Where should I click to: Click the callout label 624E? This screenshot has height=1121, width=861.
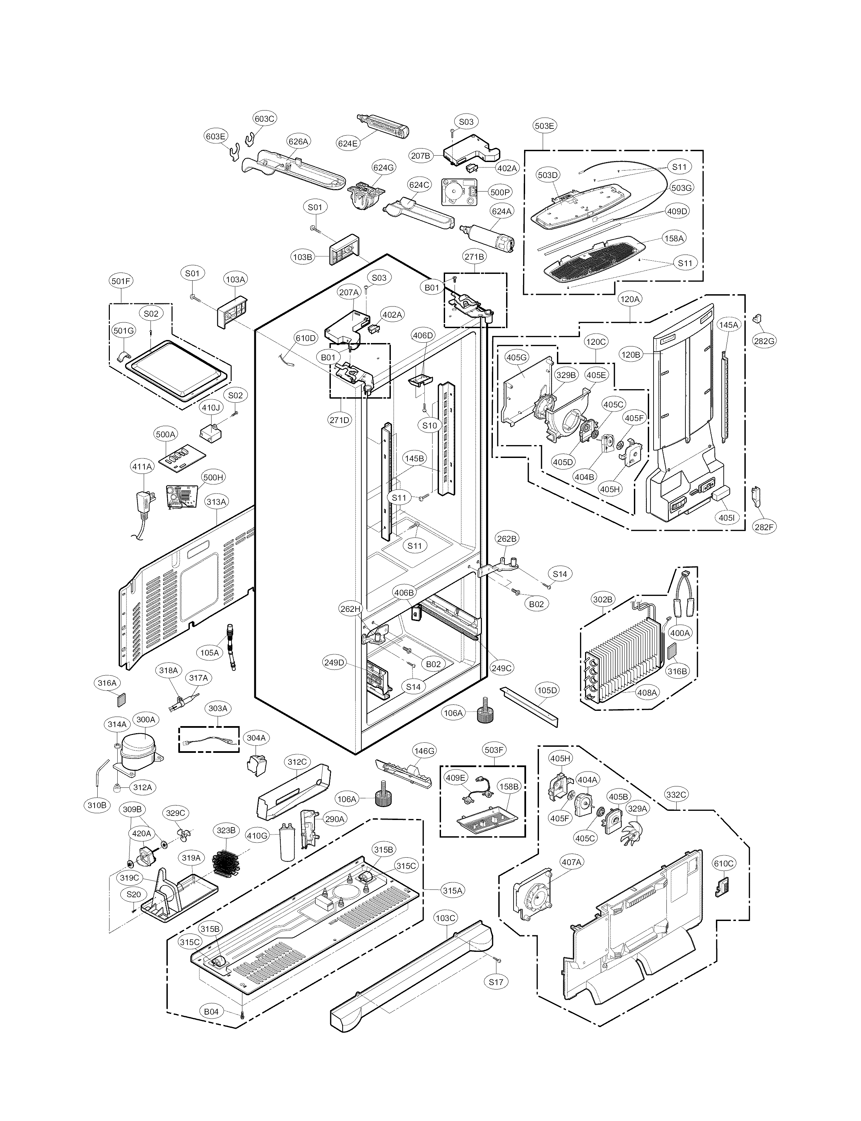[x=347, y=143]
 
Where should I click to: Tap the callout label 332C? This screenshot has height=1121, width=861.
[x=676, y=795]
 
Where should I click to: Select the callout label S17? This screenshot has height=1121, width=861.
[x=496, y=982]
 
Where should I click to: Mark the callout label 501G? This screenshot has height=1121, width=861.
[x=123, y=331]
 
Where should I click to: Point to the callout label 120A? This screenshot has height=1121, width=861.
[x=629, y=298]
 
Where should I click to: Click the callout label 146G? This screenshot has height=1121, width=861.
[x=424, y=751]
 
